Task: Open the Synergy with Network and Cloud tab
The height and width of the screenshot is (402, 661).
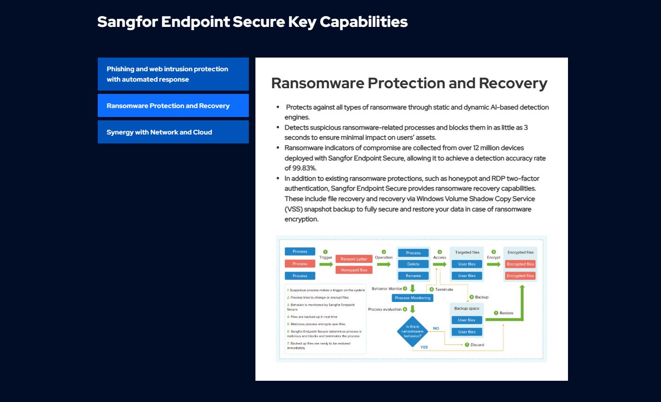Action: [173, 132]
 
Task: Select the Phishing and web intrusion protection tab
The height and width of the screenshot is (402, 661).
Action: [173, 74]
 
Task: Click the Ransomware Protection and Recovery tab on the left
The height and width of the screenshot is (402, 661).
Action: [173, 106]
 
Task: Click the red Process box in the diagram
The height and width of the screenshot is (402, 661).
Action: [300, 264]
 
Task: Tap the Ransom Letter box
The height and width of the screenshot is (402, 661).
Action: [354, 259]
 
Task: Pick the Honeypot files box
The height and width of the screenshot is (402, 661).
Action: [354, 270]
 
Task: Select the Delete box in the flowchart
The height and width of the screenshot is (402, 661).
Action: [413, 264]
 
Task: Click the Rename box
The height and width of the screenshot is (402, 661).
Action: [413, 276]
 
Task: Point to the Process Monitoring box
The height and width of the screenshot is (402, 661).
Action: [413, 298]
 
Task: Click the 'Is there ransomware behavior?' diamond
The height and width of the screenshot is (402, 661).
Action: [413, 331]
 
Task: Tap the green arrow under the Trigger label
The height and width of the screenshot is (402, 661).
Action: [326, 264]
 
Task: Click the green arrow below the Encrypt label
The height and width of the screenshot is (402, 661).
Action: [494, 264]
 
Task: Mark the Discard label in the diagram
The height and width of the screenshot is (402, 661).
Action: [477, 345]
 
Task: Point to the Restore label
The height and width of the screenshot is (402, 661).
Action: [506, 313]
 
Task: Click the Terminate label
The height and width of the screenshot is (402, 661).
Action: [444, 289]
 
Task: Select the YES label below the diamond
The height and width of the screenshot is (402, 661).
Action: [424, 347]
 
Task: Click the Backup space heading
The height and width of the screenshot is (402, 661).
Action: [467, 308]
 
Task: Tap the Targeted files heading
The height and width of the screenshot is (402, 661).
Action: [467, 252]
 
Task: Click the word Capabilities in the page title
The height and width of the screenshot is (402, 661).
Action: [364, 22]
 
